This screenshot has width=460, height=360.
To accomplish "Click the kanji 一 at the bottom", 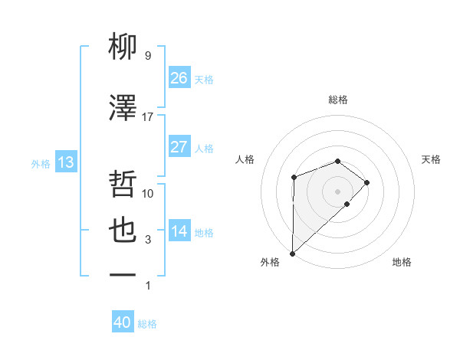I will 123,274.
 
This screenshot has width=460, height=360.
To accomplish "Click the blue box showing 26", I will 179,78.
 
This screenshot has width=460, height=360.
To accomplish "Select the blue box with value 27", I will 179,147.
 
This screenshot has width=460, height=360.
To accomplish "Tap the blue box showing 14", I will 179,231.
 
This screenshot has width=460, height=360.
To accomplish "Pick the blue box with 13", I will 65,162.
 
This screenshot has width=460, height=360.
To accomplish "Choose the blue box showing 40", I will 123,322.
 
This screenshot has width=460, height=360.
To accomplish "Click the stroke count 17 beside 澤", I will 148,117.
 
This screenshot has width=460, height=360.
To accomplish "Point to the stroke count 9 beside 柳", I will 148,56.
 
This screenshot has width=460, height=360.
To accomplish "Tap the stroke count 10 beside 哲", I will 148,194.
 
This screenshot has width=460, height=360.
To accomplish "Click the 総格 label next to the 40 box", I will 147,324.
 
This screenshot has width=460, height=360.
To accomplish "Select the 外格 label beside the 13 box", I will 41,163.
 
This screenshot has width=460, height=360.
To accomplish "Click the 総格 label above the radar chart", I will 337,100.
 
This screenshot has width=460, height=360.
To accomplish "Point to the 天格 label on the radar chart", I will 431,159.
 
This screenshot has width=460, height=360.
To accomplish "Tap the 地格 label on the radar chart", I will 402,262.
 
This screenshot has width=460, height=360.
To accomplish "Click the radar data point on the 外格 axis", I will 292,253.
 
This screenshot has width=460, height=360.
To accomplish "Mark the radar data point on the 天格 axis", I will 367,182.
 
